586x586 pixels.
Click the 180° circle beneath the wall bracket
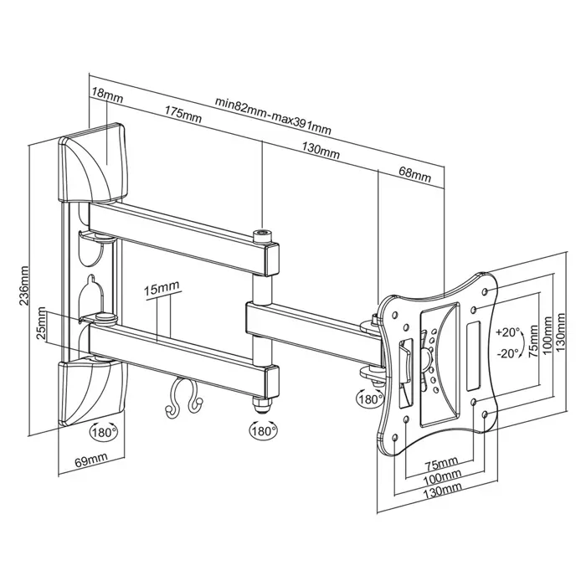tap(104, 432)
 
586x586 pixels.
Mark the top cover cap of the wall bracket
tap(92, 163)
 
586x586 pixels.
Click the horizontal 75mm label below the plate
tap(441, 463)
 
